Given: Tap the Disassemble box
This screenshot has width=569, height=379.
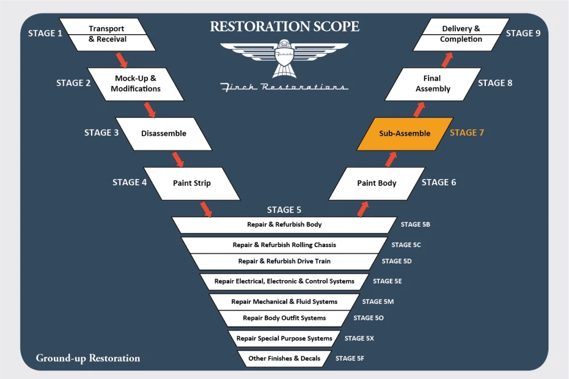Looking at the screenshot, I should coord(163,134).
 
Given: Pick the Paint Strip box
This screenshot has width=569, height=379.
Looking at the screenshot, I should coord(192,183).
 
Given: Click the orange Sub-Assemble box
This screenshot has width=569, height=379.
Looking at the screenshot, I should coord(405,134).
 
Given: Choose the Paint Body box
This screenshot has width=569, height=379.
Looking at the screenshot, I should coord(377,183).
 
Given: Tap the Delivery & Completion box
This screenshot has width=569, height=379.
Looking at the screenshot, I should coord(461,34).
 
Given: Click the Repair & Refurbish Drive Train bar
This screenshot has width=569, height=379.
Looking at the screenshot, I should coord(284,261).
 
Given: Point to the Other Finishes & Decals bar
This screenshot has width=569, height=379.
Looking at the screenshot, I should coord(284,359).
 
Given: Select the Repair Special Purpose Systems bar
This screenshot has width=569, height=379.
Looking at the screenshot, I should coord(284,339).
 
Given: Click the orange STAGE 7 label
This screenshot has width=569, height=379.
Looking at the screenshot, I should coord(467,133).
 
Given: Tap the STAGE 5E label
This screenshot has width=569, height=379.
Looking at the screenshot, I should coord(387,281).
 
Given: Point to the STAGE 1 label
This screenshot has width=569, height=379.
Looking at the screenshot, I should coord(46,34).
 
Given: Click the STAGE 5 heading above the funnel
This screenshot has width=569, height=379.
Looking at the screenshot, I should coord(284,210).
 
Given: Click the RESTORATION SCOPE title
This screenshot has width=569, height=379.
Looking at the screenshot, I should coord(284,26).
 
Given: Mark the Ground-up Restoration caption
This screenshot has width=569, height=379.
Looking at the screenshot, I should coord(88,358).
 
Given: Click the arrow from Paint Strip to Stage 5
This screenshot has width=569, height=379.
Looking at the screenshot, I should coord(205,209).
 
